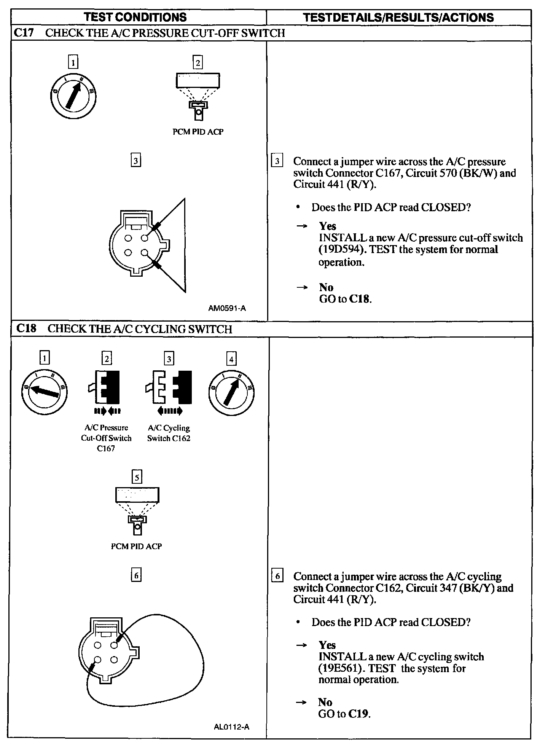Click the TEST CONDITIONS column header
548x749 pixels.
click(135, 17)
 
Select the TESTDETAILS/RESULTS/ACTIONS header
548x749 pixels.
click(398, 17)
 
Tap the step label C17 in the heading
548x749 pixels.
click(24, 33)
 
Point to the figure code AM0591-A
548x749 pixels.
click(227, 308)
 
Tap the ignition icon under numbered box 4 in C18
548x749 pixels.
click(231, 392)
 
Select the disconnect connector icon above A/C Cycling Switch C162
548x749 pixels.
click(169, 387)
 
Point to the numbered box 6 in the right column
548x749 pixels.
click(277, 576)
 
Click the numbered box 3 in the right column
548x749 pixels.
click(277, 161)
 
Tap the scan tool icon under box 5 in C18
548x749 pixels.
click(137, 510)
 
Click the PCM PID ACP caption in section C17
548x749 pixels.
click(198, 132)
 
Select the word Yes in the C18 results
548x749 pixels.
click(327, 645)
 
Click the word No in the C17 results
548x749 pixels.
click(326, 287)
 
